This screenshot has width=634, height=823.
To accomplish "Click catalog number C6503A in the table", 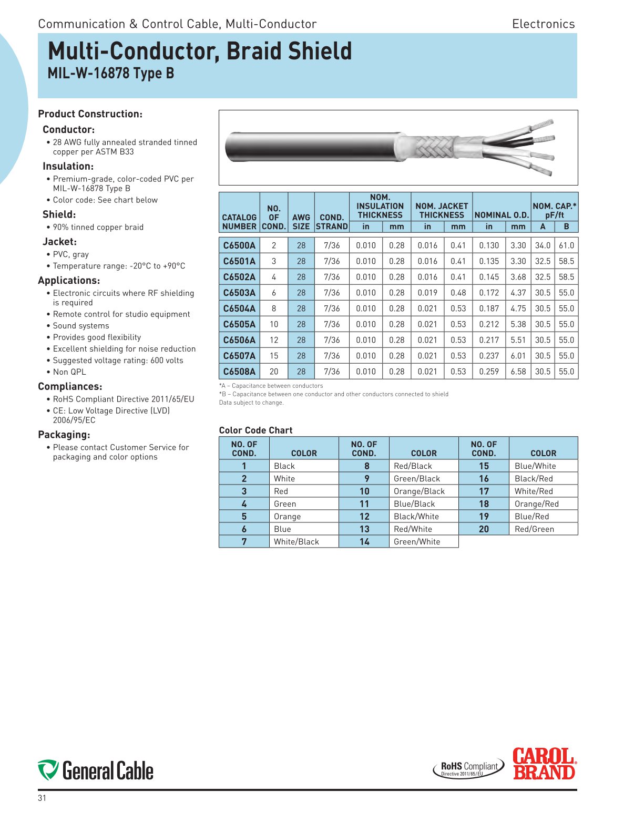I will click(x=239, y=293).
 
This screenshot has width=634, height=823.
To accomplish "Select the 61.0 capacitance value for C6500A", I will click(x=566, y=245).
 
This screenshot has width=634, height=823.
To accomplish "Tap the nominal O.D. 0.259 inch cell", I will click(x=488, y=372).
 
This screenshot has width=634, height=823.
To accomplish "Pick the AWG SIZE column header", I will click(x=301, y=221).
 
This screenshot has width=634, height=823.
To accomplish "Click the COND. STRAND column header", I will click(x=332, y=221).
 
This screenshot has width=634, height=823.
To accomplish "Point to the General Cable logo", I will click(x=96, y=770).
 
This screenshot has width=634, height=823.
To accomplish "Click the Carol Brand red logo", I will click(x=544, y=764).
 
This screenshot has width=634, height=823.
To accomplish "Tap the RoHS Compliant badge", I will click(x=468, y=768).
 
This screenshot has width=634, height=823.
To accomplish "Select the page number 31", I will click(x=42, y=798).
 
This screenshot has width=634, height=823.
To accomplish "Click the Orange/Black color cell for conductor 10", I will click(x=419, y=491).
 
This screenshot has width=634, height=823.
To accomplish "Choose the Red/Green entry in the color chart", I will click(x=534, y=529).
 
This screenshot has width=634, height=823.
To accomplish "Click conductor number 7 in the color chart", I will click(x=244, y=542).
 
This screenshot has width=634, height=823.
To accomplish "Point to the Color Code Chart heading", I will click(x=255, y=430).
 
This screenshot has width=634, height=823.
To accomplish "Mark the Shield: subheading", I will click(x=59, y=214).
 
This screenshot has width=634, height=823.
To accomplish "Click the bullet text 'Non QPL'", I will click(x=69, y=372).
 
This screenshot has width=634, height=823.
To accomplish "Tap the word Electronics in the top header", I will click(x=543, y=24).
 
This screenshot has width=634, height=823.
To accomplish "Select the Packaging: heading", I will click(x=64, y=435).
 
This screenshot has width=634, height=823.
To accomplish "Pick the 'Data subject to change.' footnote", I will click(x=251, y=403).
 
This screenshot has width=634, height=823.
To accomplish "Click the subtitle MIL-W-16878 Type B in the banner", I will click(x=111, y=74).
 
